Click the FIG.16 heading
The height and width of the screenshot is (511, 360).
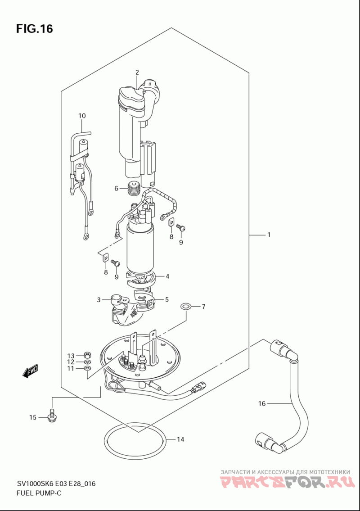point(34,29)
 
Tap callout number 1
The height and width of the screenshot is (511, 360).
point(269,235)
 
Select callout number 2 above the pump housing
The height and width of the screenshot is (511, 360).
point(137,72)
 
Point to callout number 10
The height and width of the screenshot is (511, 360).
point(82,116)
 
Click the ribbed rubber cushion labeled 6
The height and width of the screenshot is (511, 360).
point(134,189)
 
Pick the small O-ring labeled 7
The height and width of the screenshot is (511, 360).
point(186,307)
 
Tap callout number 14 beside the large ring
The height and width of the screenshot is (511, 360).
point(180,439)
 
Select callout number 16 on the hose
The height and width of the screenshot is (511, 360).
point(262,404)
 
